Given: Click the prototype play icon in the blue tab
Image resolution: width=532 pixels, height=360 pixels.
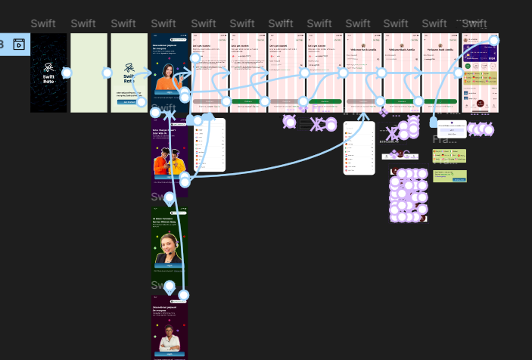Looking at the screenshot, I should (x=19, y=45).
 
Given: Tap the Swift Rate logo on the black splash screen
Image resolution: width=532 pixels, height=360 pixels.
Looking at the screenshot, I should (x=48, y=72).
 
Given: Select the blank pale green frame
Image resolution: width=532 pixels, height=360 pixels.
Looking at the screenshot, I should (x=89, y=73).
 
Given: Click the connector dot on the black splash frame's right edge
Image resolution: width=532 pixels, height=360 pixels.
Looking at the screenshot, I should (x=67, y=73).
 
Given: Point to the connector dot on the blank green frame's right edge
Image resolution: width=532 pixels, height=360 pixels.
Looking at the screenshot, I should (x=107, y=73).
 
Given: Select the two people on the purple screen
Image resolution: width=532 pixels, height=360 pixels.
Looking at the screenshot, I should (x=168, y=161).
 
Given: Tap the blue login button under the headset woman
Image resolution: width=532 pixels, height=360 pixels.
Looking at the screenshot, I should (x=169, y=266).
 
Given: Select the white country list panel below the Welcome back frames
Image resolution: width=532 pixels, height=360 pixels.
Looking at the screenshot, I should (x=359, y=147).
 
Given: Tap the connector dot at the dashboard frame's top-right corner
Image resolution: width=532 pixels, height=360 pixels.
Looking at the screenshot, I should (x=494, y=41).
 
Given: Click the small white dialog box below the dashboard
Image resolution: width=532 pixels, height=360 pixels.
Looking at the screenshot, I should (x=452, y=128).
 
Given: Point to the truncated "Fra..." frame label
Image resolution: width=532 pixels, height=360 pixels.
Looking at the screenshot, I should (x=444, y=140).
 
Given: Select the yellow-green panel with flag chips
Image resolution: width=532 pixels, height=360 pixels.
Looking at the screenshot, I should (x=449, y=155).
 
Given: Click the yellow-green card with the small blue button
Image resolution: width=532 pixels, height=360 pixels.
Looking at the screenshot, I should (x=450, y=176).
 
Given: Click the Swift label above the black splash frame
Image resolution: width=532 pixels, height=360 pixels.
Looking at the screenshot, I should (x=42, y=24).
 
